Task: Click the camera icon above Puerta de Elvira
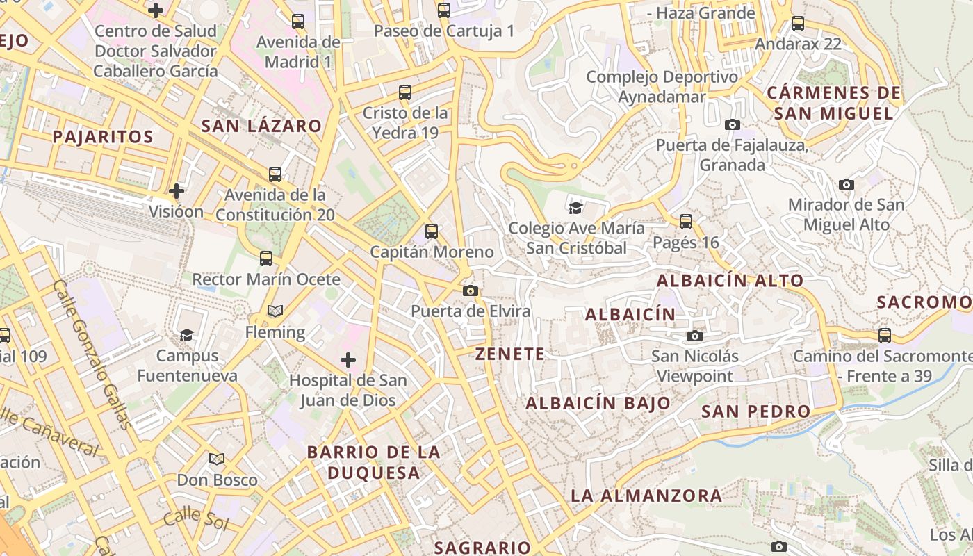click(471, 291)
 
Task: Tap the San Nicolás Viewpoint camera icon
click(694, 336)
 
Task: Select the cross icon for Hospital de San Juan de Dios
click(348, 360)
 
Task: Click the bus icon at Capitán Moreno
click(432, 231)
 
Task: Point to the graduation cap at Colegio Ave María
click(575, 208)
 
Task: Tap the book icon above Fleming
click(275, 311)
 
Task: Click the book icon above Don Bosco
click(217, 459)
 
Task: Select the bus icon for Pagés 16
click(686, 222)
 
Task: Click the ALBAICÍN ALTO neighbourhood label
click(730, 281)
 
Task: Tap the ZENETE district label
click(510, 354)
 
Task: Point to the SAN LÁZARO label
click(261, 126)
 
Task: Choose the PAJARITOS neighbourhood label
click(103, 136)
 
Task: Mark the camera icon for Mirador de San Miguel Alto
click(846, 184)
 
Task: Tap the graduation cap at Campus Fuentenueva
click(186, 336)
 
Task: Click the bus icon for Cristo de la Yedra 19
click(405, 92)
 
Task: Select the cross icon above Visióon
click(177, 190)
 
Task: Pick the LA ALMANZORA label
click(646, 496)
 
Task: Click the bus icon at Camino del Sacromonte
click(885, 336)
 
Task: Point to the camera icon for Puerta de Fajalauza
click(732, 124)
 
